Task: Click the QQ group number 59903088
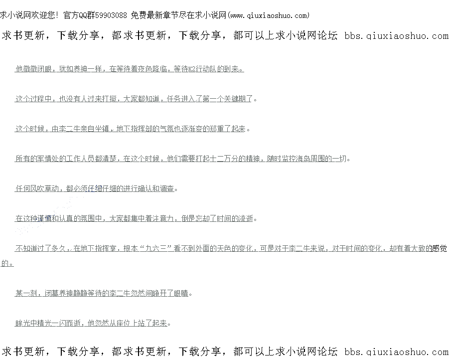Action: (110, 15)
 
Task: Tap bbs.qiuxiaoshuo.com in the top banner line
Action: (396, 36)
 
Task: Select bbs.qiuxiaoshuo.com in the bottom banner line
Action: (396, 351)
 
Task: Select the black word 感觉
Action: (439, 248)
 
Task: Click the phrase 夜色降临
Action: (153, 69)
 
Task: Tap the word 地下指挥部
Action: (135, 129)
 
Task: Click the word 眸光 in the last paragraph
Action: (22, 323)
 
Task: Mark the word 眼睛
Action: (181, 293)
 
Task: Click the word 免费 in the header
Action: (138, 15)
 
